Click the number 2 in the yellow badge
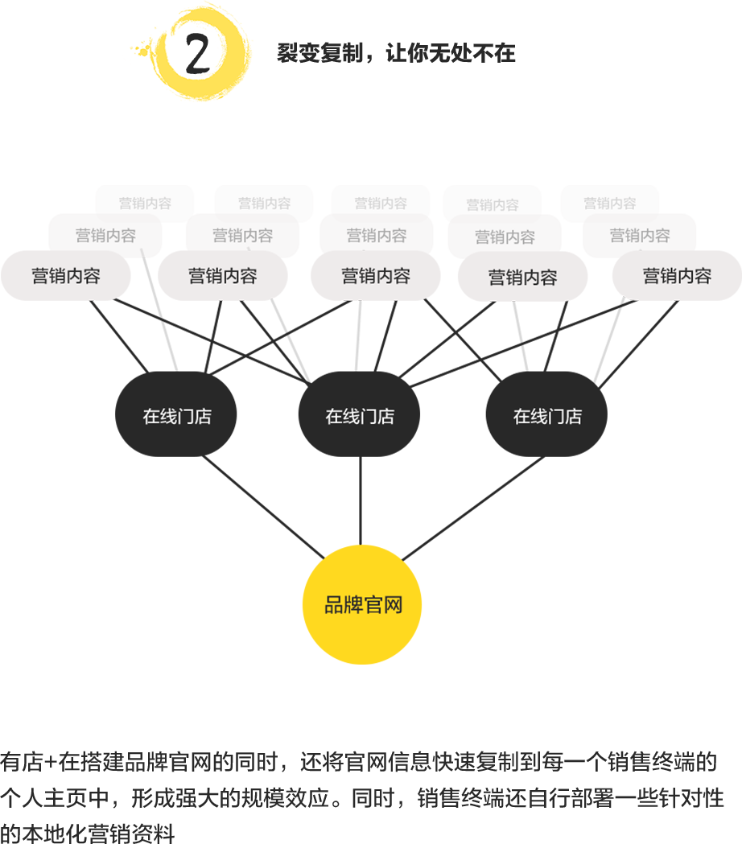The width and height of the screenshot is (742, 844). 197,55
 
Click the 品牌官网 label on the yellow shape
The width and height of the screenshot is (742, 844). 363,605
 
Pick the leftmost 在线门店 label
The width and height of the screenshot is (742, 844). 177,417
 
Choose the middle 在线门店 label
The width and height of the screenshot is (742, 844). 360,417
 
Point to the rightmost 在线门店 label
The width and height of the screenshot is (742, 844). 547,417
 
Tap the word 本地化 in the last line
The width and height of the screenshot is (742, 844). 72,833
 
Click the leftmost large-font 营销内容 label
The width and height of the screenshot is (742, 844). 66,276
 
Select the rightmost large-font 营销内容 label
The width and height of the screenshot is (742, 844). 677,276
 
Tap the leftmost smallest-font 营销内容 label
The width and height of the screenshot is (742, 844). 145,204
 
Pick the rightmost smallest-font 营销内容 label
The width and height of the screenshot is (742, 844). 609,204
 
